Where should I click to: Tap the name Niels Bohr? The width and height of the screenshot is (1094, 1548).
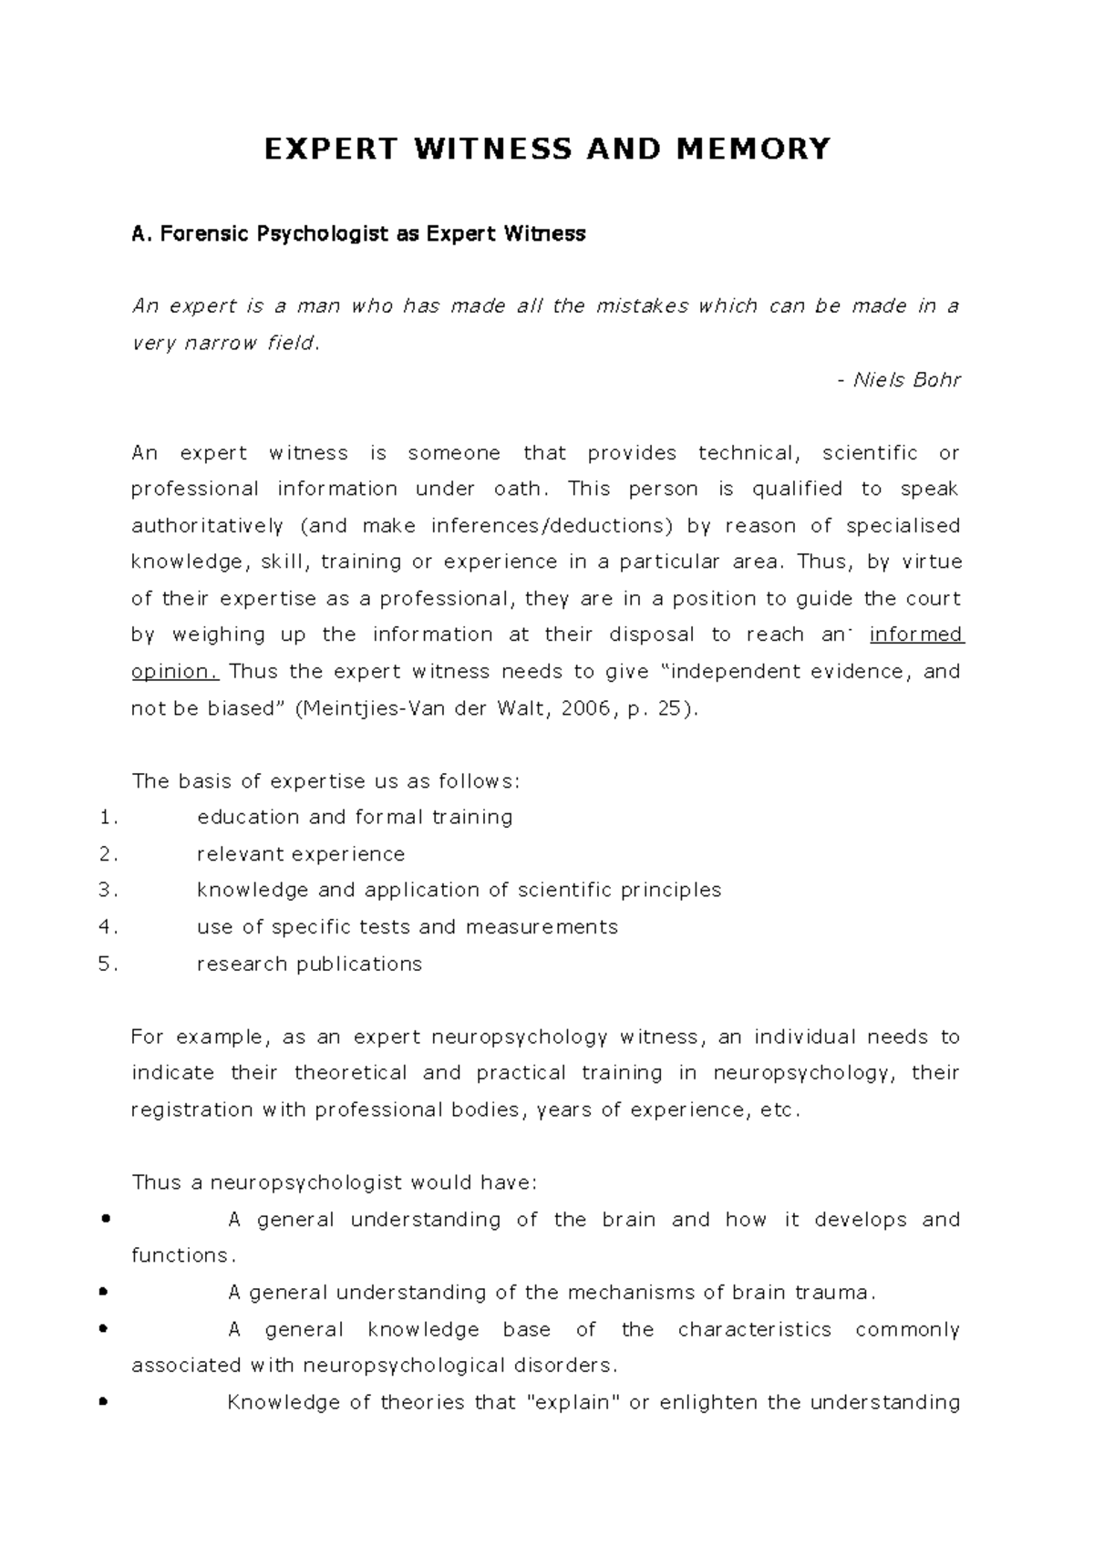coord(906,380)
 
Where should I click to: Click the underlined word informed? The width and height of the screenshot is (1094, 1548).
coord(916,635)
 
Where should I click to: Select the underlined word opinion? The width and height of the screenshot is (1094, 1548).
coord(175,672)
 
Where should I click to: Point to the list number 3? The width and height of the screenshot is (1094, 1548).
coord(108,891)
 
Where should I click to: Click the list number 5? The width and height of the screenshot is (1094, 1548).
coord(108,965)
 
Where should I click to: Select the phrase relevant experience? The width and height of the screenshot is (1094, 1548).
coord(301,854)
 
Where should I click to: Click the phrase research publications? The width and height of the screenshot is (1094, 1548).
coord(309,965)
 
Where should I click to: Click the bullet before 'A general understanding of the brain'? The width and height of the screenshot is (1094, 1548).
coord(108,1219)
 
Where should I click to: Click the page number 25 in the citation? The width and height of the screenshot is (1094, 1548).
coord(668,708)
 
